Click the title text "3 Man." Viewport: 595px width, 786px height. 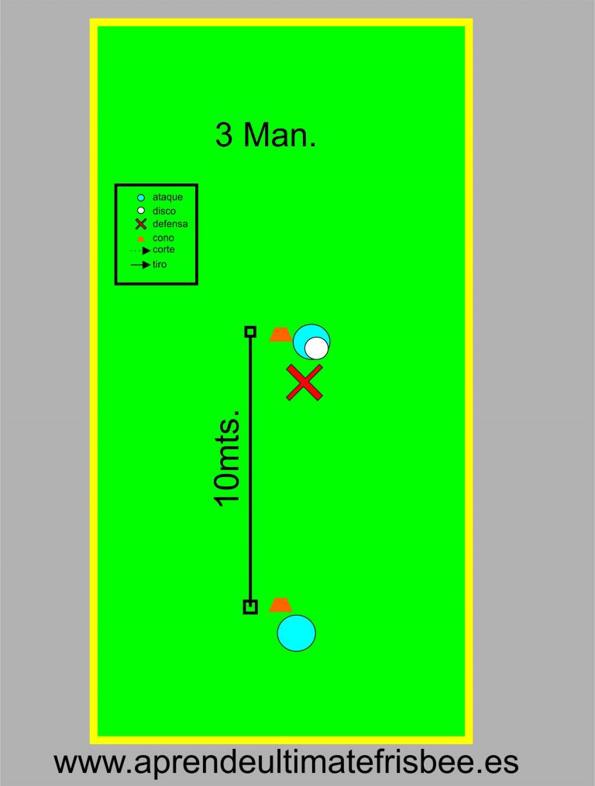(266, 136)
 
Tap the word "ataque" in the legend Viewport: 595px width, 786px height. (167, 197)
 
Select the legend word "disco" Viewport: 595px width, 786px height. (164, 211)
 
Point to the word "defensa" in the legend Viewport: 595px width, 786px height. (170, 224)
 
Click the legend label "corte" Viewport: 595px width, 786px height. (163, 250)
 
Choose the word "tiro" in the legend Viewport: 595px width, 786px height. (160, 265)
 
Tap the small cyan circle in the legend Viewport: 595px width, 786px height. (141, 197)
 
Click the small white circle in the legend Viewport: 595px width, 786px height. (141, 211)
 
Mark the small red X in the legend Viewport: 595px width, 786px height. (141, 224)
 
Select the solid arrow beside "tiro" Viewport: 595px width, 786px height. (141, 265)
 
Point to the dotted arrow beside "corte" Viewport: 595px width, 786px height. (141, 251)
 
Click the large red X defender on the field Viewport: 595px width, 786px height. (304, 383)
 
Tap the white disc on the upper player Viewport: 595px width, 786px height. (315, 348)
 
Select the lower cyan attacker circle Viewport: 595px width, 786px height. (297, 633)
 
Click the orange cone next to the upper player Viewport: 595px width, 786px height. (280, 335)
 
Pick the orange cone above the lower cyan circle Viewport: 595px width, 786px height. (280, 605)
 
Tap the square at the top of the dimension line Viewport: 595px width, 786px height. (250, 332)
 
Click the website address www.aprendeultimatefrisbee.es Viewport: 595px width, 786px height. (286, 763)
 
